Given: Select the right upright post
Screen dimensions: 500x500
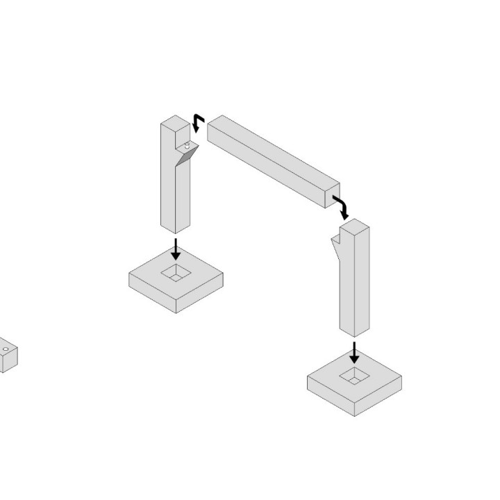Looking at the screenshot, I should [354, 285].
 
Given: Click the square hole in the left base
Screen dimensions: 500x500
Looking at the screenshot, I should [176, 274].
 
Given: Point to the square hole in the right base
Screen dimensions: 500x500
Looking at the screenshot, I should [354, 376].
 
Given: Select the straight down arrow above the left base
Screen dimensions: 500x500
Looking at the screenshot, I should [176, 249].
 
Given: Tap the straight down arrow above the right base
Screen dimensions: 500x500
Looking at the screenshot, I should [354, 352].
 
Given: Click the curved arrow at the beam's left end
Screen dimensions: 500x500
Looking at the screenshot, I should [198, 123].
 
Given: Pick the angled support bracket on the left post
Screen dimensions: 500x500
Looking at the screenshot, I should [185, 156].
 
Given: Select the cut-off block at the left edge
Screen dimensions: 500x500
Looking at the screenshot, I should [7, 357].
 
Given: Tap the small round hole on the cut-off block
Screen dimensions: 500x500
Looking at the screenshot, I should [6, 349].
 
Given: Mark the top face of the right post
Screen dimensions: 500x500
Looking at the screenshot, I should [354, 226].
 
